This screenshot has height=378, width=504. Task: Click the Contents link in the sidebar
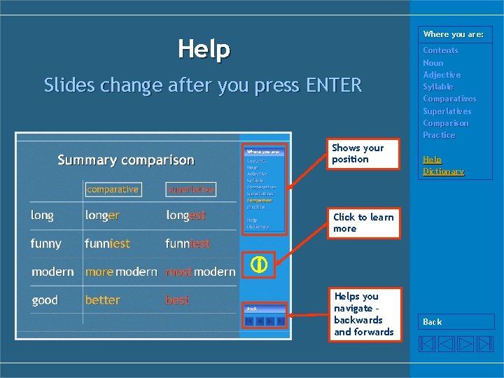pos(440,50)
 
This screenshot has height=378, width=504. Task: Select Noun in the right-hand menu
pos(433,63)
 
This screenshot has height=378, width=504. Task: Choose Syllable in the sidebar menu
pos(437,87)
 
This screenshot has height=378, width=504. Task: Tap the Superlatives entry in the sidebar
pos(447,111)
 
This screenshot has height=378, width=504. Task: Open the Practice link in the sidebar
pos(439,135)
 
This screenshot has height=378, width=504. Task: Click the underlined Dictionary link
pos(443,171)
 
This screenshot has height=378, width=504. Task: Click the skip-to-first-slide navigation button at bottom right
pos(427,344)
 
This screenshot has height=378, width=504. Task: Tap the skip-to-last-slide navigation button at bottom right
pos(485,344)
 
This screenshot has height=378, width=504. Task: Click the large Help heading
pos(204,49)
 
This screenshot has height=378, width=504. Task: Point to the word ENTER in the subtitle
pos(334,85)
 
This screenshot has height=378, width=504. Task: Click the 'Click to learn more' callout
pos(363,223)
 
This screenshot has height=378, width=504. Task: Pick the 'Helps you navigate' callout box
pos(363,314)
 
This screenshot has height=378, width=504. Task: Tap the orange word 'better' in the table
pos(103,300)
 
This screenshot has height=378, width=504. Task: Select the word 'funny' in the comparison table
pos(46,244)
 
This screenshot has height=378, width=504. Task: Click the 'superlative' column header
pos(190,189)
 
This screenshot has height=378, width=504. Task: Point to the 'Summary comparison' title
pos(126,160)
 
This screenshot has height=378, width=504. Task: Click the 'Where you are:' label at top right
pos(453,34)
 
